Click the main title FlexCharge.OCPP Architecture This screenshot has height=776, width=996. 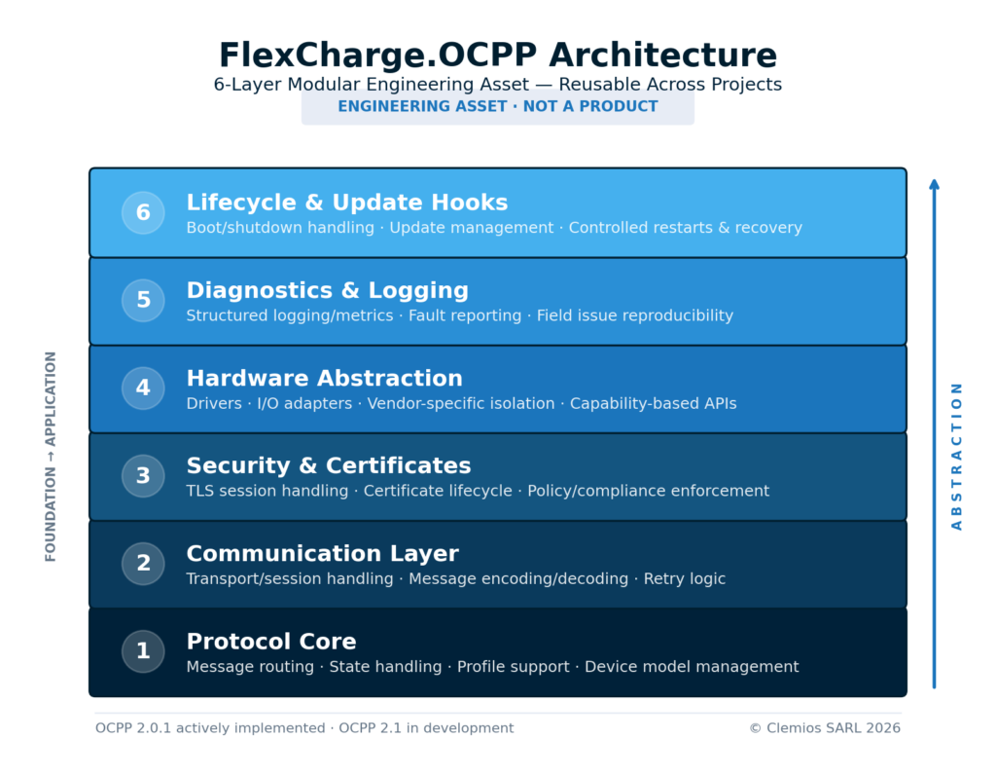click(497, 55)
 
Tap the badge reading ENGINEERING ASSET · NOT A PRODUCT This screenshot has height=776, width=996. click(497, 107)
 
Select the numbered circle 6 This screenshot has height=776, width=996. click(143, 213)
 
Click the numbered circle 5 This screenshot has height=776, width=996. click(143, 301)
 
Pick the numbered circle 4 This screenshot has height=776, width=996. click(143, 388)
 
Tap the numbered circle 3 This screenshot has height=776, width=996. click(143, 476)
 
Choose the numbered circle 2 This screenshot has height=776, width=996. click(143, 564)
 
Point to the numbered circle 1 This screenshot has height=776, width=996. click(143, 651)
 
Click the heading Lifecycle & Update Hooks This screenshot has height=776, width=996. click(346, 203)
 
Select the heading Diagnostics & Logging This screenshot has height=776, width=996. click(327, 290)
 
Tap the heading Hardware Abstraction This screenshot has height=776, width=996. click(324, 378)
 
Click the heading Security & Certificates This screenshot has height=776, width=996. click(328, 465)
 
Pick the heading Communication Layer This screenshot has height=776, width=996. click(322, 553)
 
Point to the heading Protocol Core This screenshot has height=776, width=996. click(270, 642)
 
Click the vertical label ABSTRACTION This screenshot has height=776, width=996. click(957, 456)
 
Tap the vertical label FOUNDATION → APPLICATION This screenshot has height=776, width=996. click(52, 456)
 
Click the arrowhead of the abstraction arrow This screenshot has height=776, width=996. click(934, 184)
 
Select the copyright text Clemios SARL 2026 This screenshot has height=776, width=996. click(825, 728)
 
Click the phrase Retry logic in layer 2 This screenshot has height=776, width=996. click(684, 579)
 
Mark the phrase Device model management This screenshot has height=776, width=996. click(692, 667)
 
